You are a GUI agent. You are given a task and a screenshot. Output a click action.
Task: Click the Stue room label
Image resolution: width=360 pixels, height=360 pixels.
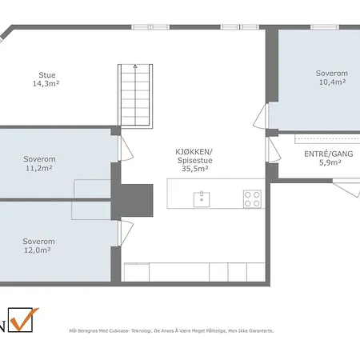(47, 75)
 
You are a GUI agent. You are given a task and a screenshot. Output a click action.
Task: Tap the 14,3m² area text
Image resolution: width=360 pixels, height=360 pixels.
(46, 84)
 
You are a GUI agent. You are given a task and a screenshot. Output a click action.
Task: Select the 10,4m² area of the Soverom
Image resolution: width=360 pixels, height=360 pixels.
(332, 82)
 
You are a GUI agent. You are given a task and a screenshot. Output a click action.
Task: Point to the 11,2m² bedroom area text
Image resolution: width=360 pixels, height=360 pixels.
(39, 168)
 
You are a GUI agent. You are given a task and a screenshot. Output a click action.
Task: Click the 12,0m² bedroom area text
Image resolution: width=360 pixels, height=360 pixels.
(38, 250)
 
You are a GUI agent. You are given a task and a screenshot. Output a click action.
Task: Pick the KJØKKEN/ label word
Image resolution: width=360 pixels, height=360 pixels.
(194, 152)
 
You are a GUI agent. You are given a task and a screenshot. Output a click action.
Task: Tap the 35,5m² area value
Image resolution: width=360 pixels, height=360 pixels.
(195, 169)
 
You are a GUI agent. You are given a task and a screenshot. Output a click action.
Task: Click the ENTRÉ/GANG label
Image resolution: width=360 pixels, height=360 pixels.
(329, 154)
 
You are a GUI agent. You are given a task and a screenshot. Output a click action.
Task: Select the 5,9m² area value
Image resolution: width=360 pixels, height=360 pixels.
(330, 162)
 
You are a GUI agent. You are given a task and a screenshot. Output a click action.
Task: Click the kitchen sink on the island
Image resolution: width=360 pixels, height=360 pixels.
(202, 199)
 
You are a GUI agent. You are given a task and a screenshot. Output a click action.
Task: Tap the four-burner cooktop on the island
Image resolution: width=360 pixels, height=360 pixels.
(252, 199)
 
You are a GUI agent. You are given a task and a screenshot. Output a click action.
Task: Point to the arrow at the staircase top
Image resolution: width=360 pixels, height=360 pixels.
(135, 66)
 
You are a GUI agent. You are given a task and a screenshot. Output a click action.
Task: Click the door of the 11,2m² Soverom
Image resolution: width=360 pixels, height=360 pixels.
(126, 149)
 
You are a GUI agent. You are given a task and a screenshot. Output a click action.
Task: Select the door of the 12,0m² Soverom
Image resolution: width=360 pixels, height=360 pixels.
(126, 233)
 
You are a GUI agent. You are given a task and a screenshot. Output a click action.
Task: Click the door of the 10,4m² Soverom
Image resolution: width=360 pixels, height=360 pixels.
(261, 116)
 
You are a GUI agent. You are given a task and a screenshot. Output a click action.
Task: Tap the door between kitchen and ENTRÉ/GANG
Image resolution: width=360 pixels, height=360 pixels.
(273, 150)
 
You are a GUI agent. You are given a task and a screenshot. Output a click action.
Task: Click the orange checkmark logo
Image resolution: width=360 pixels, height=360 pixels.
(25, 318)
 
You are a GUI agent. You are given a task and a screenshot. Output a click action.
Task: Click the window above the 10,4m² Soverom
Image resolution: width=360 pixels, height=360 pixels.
(325, 27)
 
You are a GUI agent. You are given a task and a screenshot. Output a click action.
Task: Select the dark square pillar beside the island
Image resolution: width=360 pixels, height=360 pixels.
(137, 200)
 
